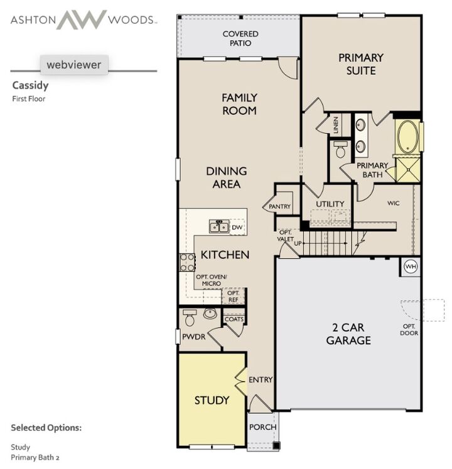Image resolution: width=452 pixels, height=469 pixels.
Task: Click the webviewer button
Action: [x=74, y=64]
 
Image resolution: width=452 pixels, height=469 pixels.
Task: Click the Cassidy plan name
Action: [x=30, y=86]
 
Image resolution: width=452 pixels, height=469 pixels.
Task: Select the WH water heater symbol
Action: [x=411, y=266]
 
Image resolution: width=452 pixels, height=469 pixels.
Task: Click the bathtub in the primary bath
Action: [x=407, y=137]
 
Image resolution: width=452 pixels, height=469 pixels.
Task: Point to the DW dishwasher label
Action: [x=237, y=227]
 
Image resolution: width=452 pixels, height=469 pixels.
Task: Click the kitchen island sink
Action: [x=218, y=226]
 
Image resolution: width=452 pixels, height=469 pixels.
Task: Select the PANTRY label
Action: [x=279, y=207]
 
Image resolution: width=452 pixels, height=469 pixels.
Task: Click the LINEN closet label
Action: [x=336, y=124]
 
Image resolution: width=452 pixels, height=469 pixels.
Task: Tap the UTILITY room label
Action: [x=330, y=204]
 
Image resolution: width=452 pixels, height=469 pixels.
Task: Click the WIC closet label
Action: [x=394, y=203]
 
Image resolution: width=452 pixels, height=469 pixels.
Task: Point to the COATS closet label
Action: [x=234, y=319]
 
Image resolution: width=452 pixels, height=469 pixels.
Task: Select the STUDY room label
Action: [x=212, y=400]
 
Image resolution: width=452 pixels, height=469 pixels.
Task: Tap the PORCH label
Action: [x=262, y=427]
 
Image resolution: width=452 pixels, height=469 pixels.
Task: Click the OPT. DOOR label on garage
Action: [x=408, y=329]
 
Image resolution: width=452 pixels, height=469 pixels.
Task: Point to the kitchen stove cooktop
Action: [x=187, y=262]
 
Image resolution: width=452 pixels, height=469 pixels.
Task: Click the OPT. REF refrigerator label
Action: [x=233, y=296]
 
